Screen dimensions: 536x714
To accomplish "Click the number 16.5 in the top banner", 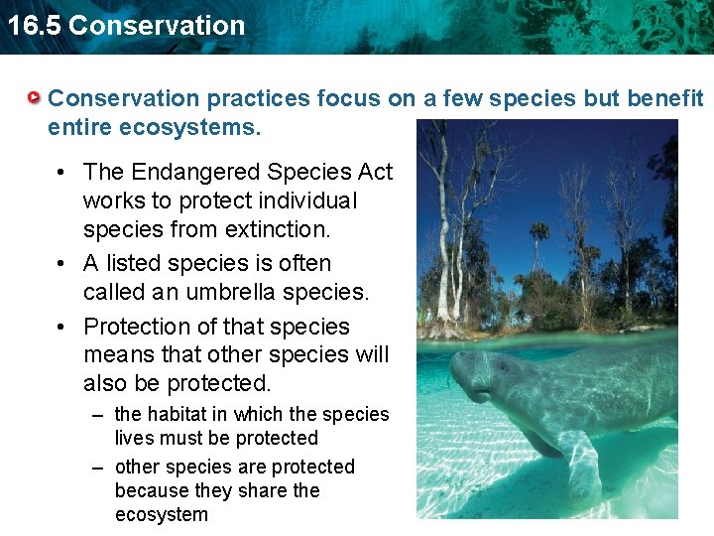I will pyautogui.click(x=34, y=25).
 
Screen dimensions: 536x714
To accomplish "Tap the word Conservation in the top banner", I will pyautogui.click(x=157, y=25).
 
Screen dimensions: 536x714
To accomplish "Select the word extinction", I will pyautogui.click(x=281, y=229).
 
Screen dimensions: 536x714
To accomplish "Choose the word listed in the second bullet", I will pyautogui.click(x=131, y=263).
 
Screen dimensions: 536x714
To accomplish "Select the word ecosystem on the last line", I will pyautogui.click(x=162, y=514).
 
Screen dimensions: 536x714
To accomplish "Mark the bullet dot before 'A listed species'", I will pyautogui.click(x=62, y=264).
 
